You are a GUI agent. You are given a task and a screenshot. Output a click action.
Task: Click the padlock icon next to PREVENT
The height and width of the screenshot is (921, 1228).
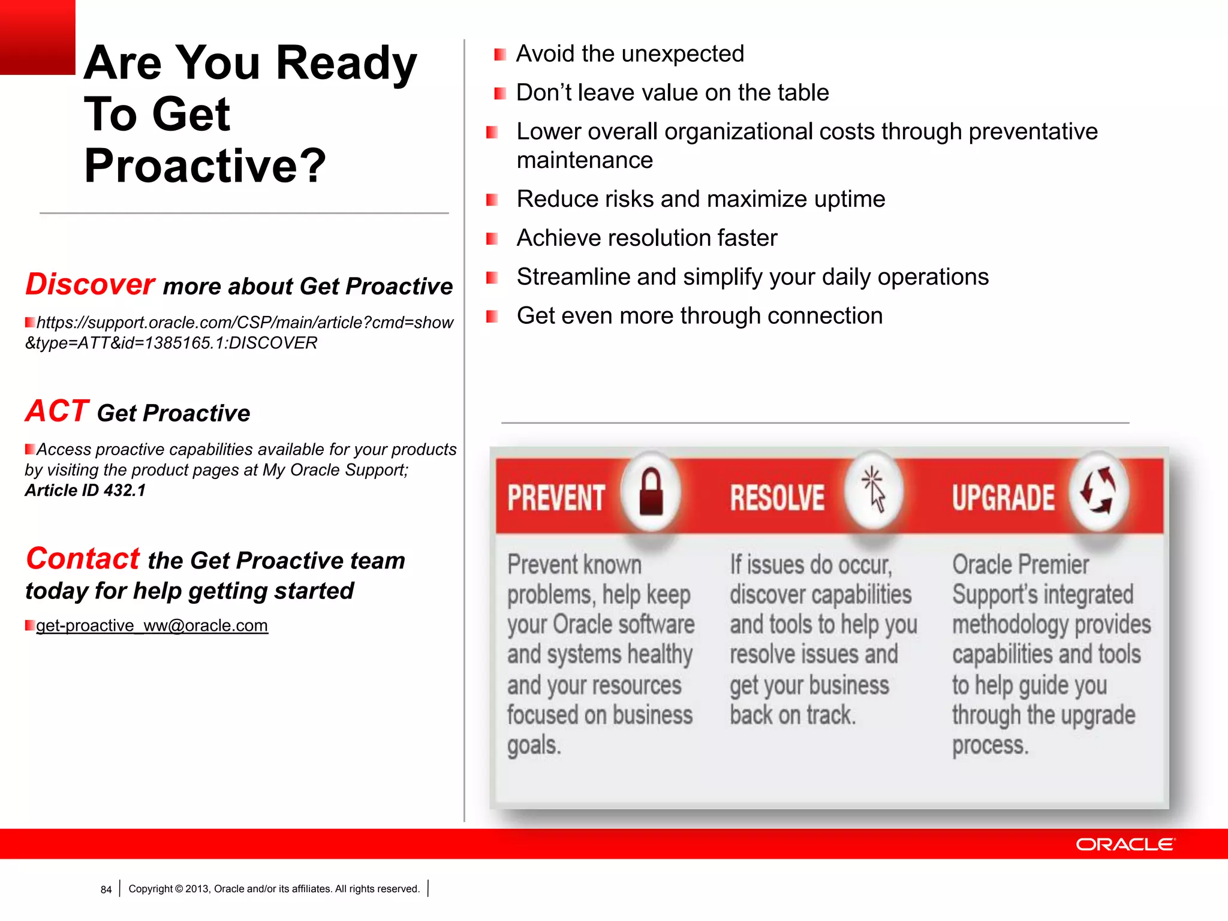651,493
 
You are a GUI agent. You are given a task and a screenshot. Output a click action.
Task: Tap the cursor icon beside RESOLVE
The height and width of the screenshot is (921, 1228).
874,491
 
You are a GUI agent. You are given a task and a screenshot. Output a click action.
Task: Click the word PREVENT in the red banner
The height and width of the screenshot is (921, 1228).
556,498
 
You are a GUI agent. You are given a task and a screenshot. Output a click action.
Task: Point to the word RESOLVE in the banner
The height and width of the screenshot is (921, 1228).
777,498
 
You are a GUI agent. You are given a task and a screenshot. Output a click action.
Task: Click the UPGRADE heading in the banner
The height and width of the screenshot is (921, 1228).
1003,498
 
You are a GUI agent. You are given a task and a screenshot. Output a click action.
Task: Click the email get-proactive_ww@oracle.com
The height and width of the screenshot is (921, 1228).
152,625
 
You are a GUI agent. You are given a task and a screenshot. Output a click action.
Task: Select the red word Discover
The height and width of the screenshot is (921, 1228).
90,284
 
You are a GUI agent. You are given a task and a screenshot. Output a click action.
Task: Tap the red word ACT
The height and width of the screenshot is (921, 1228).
57,411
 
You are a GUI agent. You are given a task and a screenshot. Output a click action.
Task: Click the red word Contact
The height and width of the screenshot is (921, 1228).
83,559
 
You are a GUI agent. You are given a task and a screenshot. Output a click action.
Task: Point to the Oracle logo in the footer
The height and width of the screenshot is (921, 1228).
1125,844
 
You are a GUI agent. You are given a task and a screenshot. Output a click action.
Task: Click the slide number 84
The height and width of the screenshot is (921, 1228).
106,890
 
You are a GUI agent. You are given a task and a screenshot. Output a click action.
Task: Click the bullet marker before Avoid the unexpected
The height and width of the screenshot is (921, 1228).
499,55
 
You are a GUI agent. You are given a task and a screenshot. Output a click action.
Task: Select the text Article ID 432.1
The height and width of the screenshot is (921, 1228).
85,490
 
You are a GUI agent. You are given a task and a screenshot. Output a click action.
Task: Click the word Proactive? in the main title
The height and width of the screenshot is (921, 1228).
205,166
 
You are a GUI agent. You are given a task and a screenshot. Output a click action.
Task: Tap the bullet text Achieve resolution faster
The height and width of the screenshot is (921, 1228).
646,238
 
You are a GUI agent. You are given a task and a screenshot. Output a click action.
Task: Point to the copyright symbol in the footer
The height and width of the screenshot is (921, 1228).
179,889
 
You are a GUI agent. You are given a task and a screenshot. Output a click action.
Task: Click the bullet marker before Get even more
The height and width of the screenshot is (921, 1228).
492,317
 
